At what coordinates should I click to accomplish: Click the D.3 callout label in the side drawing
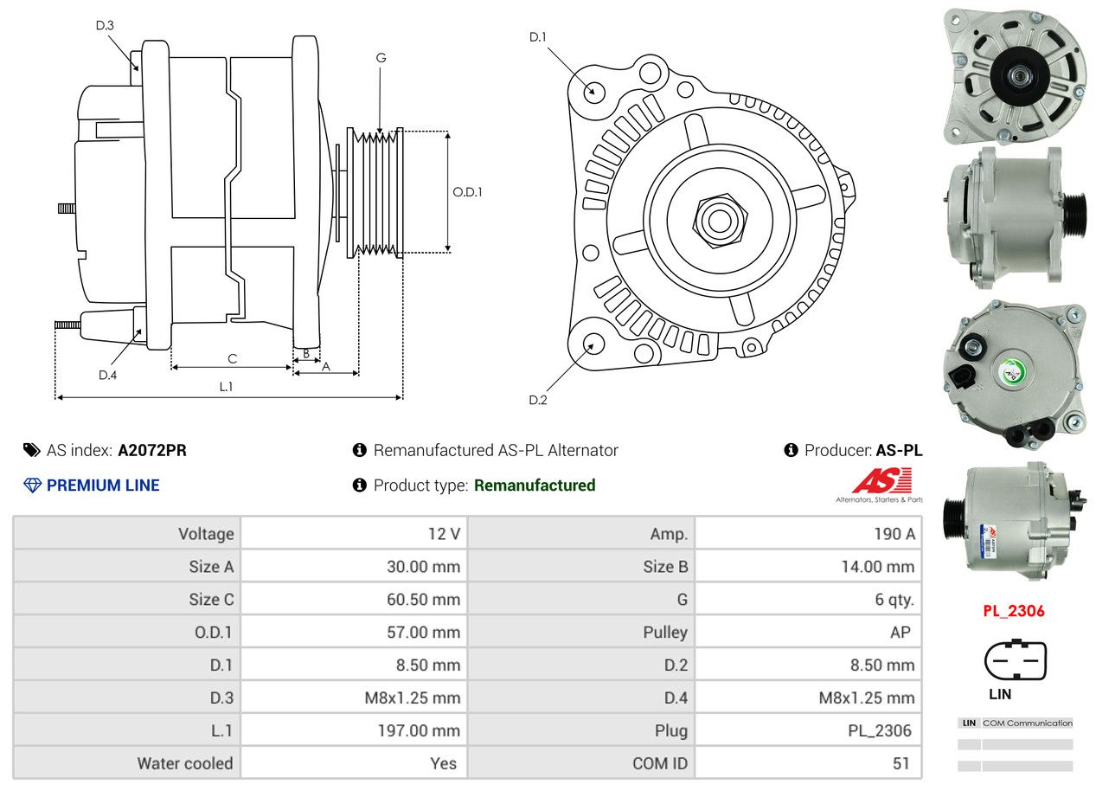[x=105, y=25]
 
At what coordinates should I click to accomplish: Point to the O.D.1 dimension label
[x=467, y=192]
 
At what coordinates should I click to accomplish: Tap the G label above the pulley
[x=381, y=58]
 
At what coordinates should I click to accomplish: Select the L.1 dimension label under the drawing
[x=226, y=387]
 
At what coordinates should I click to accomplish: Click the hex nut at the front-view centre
[x=717, y=219]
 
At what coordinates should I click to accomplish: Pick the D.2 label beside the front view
[x=538, y=400]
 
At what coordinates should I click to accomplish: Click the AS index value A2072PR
[x=152, y=450]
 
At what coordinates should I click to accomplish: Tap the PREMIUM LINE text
[x=103, y=486]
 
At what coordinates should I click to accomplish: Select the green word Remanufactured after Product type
[x=535, y=486]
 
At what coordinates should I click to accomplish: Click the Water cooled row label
[x=185, y=763]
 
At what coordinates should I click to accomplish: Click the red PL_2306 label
[x=1014, y=611]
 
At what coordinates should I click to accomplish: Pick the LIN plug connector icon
[x=1015, y=661]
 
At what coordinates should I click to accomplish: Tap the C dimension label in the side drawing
[x=232, y=358]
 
